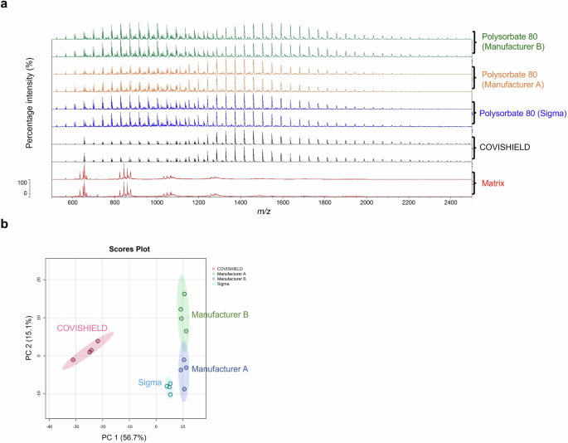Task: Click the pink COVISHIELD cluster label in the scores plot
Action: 82,329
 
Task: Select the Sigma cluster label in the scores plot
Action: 149,382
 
